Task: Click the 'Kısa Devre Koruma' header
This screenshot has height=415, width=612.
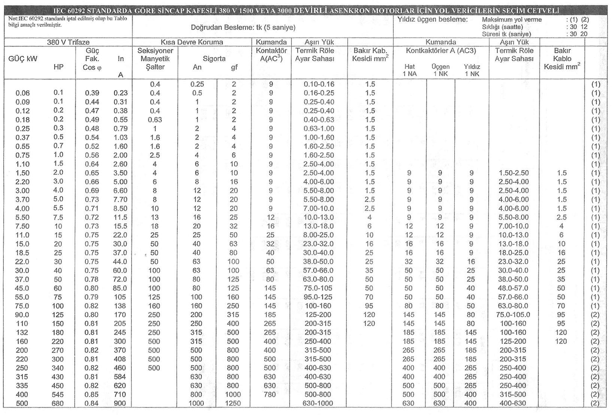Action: pyautogui.click(x=192, y=42)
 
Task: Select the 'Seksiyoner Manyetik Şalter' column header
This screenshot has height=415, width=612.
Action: pyautogui.click(x=155, y=59)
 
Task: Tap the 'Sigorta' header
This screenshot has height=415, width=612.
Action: pyautogui.click(x=214, y=59)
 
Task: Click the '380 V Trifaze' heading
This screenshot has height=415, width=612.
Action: pyautogui.click(x=68, y=42)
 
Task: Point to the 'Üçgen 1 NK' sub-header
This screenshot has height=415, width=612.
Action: pyautogui.click(x=440, y=70)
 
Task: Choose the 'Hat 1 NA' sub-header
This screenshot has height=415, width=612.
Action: pyautogui.click(x=410, y=70)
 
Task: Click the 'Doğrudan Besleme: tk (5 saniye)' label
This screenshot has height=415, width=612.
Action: pyautogui.click(x=243, y=27)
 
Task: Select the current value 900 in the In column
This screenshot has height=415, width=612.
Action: pyautogui.click(x=120, y=403)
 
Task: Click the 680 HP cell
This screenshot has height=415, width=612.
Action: pyautogui.click(x=58, y=403)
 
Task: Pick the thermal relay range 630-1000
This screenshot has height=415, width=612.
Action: pyautogui.click(x=318, y=403)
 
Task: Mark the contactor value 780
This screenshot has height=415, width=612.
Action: pyautogui.click(x=270, y=394)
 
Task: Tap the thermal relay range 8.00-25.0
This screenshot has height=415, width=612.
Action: pyautogui.click(x=318, y=235)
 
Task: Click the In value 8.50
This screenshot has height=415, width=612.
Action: pyautogui.click(x=120, y=208)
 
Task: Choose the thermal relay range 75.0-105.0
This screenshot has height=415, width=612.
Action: pyautogui.click(x=514, y=315)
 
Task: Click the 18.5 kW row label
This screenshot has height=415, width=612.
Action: pyautogui.click(x=22, y=253)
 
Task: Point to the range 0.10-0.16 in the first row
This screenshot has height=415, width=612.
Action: pyautogui.click(x=319, y=84)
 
